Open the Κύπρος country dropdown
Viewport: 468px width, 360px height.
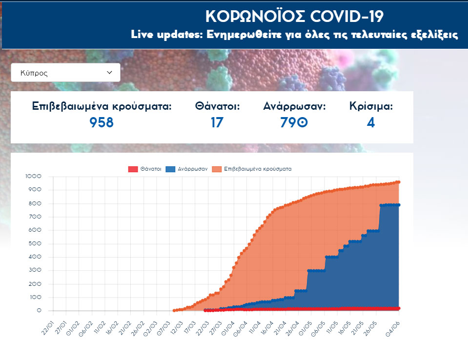(x=65, y=73)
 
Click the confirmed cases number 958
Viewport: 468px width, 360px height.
(x=102, y=122)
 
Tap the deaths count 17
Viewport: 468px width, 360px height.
(x=217, y=122)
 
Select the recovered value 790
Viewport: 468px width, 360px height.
(x=294, y=122)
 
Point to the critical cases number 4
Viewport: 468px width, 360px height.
(x=371, y=122)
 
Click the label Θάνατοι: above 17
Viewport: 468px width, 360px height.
(x=217, y=106)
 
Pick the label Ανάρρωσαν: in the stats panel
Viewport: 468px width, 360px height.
(x=294, y=106)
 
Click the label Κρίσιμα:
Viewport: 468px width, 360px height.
(x=371, y=106)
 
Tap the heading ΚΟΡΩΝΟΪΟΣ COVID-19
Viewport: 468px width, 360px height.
(x=294, y=16)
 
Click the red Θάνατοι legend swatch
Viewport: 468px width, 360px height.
(x=133, y=169)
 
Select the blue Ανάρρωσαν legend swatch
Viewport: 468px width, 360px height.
(x=171, y=169)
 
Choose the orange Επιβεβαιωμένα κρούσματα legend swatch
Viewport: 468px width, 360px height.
(x=217, y=169)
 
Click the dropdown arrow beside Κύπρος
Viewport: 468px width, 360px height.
(x=109, y=73)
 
